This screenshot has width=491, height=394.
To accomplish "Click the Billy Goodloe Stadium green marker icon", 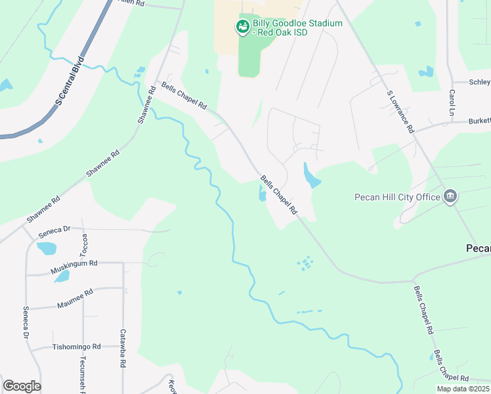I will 242,27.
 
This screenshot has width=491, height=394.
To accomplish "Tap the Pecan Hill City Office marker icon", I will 450,196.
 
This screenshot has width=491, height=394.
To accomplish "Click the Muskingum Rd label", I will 75,267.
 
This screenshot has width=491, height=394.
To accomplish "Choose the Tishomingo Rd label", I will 77,347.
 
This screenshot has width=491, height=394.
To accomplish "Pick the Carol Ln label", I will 452,102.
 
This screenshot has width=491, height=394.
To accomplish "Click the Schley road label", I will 480,82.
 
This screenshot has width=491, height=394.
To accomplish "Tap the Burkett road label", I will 479,121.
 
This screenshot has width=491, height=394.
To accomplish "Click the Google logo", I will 22,386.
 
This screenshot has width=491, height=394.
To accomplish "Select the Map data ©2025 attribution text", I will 462,389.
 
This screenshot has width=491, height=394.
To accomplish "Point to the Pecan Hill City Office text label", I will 398,196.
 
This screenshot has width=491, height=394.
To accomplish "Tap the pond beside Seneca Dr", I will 46,248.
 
